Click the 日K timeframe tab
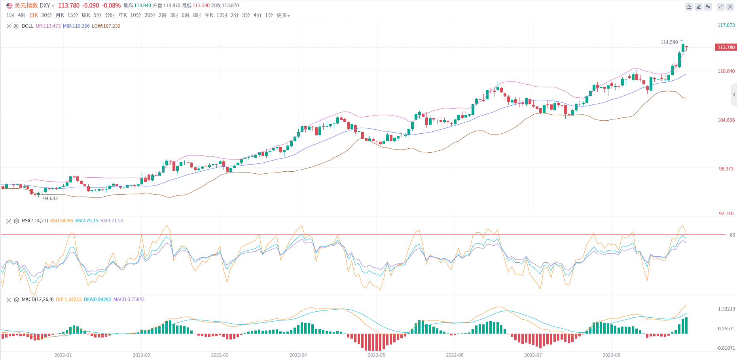pyautogui.click(x=34, y=15)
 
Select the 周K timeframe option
pyautogui.click(x=85, y=15)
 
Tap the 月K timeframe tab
pyautogui.click(x=60, y=15)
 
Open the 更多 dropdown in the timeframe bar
pyautogui.click(x=283, y=15)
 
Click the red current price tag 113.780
pyautogui.click(x=726, y=47)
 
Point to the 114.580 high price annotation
pyautogui.click(x=669, y=42)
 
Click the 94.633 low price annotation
pyautogui.click(x=50, y=199)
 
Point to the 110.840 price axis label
pyautogui.click(x=726, y=71)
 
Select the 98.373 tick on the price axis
pyautogui.click(x=726, y=169)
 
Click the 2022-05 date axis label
pyautogui.click(x=376, y=355)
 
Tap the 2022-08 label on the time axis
pyautogui.click(x=611, y=355)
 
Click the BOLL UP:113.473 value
pyautogui.click(x=48, y=26)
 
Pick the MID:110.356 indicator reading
pyautogui.click(x=76, y=26)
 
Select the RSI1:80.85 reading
pyautogui.click(x=61, y=221)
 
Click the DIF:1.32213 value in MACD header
pyautogui.click(x=68, y=299)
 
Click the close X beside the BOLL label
pyautogui.click(x=9, y=26)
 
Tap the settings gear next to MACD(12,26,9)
pyautogui.click(x=16, y=300)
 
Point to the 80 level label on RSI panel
pyautogui.click(x=732, y=235)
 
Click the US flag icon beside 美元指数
pyautogui.click(x=9, y=6)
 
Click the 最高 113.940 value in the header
pyautogui.click(x=142, y=6)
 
